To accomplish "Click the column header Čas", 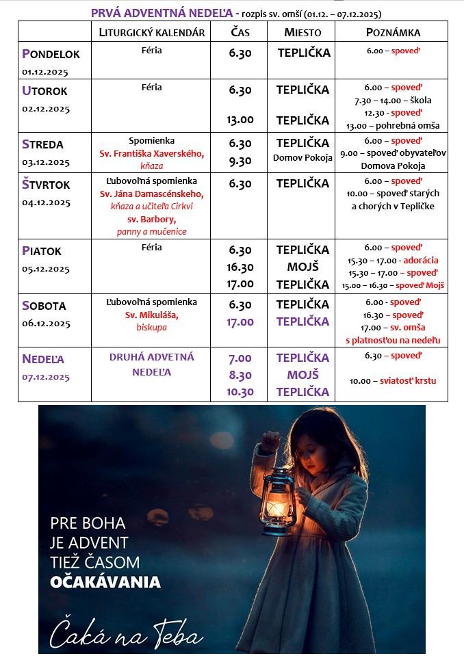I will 240,32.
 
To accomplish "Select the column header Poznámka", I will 393,32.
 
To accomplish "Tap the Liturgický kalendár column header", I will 151,32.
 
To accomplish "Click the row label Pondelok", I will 51,53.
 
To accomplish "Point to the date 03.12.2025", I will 46,162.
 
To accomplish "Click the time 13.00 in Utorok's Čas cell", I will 240,120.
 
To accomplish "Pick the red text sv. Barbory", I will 151,220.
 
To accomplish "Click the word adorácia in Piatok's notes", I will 421,261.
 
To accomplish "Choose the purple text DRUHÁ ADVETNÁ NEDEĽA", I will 151,365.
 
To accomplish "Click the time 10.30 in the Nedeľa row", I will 240,392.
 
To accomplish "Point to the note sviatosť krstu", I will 408,381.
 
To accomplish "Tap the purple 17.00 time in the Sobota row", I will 240,321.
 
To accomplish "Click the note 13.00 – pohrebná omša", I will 393,126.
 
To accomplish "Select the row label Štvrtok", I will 46,185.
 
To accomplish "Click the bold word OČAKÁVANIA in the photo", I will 105,583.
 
